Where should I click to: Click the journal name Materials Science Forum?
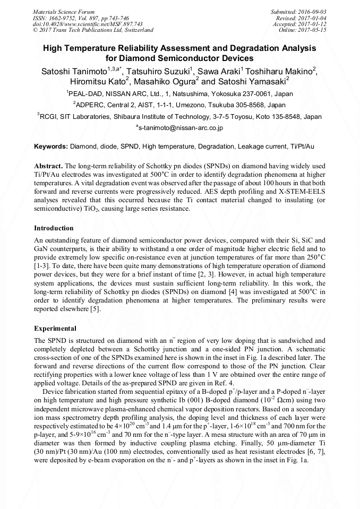[64, 12]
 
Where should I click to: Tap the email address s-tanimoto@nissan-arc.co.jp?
[181, 128]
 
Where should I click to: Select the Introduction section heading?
[54, 228]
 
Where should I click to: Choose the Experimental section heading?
[55, 329]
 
